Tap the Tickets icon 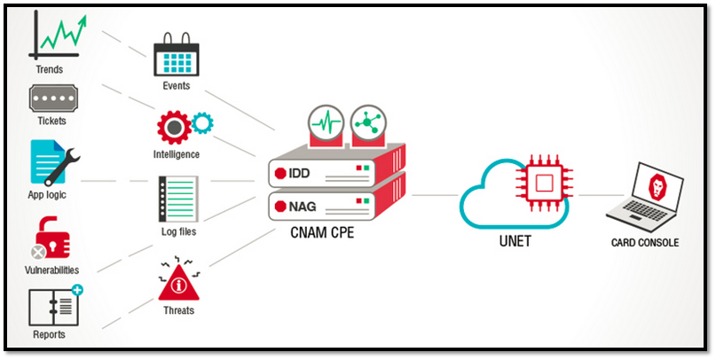point(51,98)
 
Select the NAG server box point(333,207)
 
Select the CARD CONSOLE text point(646,241)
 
